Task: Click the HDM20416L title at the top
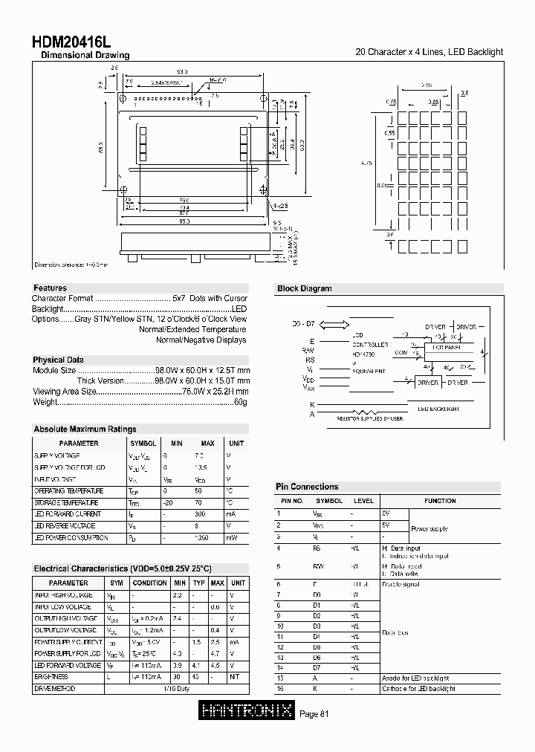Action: [x=72, y=43]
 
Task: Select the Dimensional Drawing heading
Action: [x=85, y=56]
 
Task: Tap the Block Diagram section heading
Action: [x=304, y=288]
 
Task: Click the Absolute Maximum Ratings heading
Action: [x=85, y=429]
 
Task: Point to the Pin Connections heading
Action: [x=307, y=487]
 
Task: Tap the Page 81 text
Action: [x=314, y=714]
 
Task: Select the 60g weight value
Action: [x=240, y=402]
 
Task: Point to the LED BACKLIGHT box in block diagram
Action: [x=438, y=409]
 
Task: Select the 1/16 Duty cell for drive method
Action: [x=176, y=688]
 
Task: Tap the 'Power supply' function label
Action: [x=429, y=528]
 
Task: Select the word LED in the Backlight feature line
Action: [x=239, y=308]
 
